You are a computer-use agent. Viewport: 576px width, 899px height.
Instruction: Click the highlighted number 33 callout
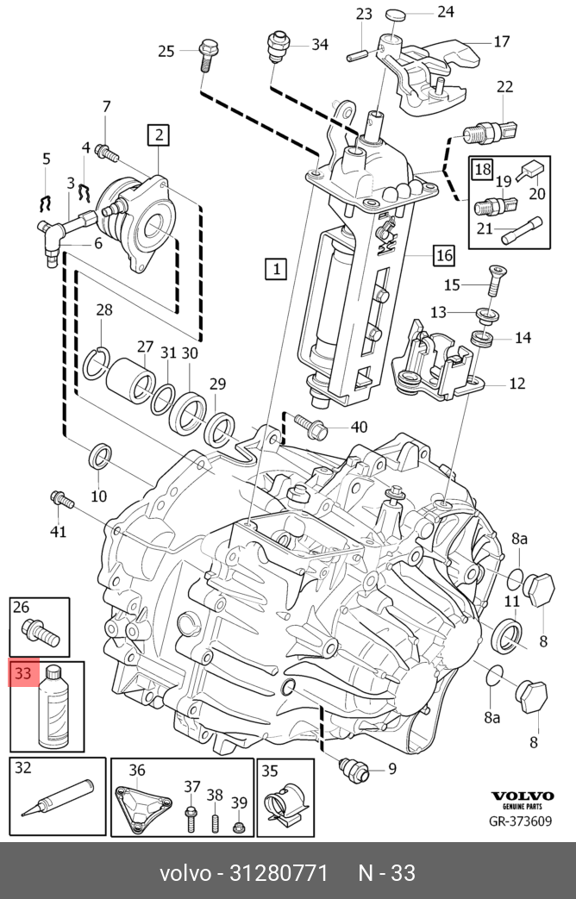pos(23,673)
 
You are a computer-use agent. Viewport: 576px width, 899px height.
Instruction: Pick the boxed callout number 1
pos(275,269)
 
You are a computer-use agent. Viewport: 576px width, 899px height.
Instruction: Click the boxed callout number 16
pos(443,255)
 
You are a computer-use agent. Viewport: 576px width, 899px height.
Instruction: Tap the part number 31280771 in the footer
pos(278,873)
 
